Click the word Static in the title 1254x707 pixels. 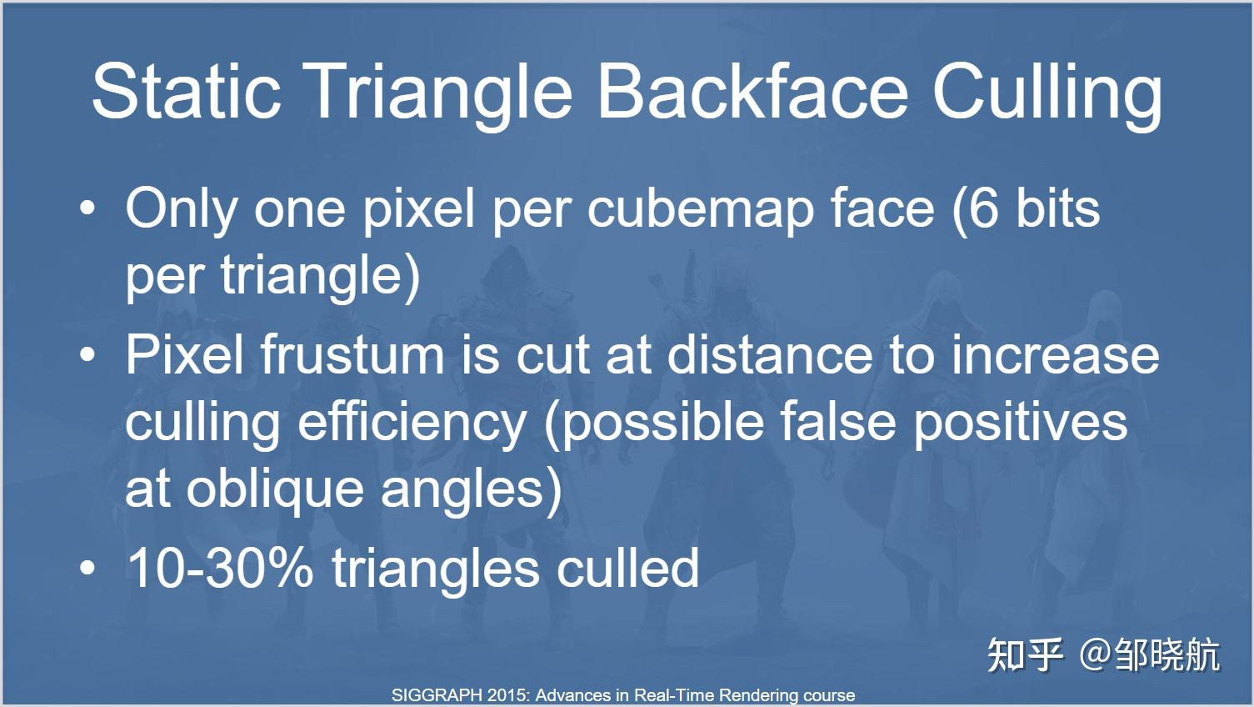pos(187,91)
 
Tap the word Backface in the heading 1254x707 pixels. pos(752,91)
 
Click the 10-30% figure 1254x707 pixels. pos(220,568)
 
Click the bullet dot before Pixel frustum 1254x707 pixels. pos(87,355)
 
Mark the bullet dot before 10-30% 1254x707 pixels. pos(87,568)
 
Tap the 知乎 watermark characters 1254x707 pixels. pos(1025,655)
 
